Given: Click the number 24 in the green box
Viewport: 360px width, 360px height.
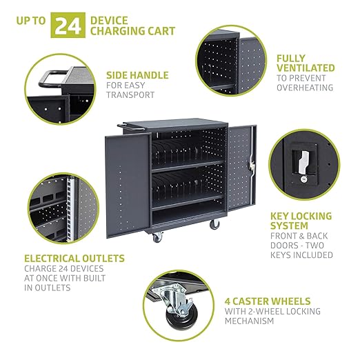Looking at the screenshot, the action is point(68,26).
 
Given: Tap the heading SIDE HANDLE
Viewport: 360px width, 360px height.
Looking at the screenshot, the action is point(137,75).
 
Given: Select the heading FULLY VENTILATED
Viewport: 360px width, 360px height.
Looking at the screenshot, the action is point(306,63).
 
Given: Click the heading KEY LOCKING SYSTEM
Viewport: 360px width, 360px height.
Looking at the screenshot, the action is point(301,221).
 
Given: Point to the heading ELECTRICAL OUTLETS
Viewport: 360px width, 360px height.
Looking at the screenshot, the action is point(74,259).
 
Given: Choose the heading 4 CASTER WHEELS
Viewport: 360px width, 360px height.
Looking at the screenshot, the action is point(268,301).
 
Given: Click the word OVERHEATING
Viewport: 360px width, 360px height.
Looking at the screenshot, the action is point(305,88).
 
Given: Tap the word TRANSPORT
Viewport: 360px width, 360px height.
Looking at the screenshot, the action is point(130,94).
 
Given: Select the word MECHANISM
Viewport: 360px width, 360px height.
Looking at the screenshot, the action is point(249,321).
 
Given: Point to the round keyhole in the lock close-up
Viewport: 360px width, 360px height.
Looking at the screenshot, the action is point(303,179).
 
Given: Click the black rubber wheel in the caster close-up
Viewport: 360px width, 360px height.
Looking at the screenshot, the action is point(178,317).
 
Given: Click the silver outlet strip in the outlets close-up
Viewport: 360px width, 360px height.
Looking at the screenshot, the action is point(70,209).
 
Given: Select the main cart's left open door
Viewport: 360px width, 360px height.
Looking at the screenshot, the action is point(128,186).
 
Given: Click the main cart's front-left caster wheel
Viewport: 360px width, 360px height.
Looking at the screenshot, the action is point(158,237).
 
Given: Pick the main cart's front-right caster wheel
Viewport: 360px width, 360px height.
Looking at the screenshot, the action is point(214,224).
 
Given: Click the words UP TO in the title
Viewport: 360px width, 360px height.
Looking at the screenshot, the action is point(31,21).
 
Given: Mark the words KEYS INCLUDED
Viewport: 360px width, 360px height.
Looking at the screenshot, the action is point(301,255).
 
